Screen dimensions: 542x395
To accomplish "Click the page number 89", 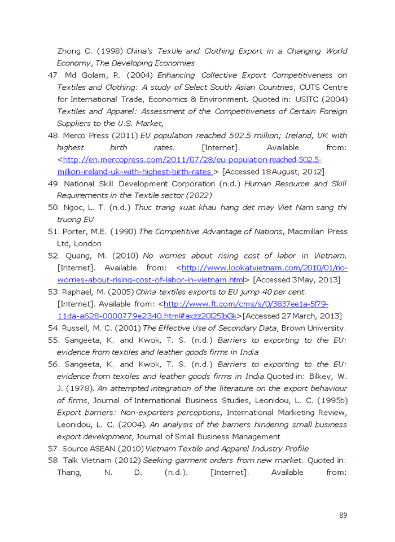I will tap(343, 515).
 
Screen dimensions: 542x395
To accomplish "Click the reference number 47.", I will tap(53, 75).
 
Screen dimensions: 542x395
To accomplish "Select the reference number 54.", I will tap(53, 328).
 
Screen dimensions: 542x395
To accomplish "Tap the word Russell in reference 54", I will tap(77, 328).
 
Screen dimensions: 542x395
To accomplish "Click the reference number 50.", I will tap(53, 207).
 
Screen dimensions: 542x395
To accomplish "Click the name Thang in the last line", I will tap(69, 472).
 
